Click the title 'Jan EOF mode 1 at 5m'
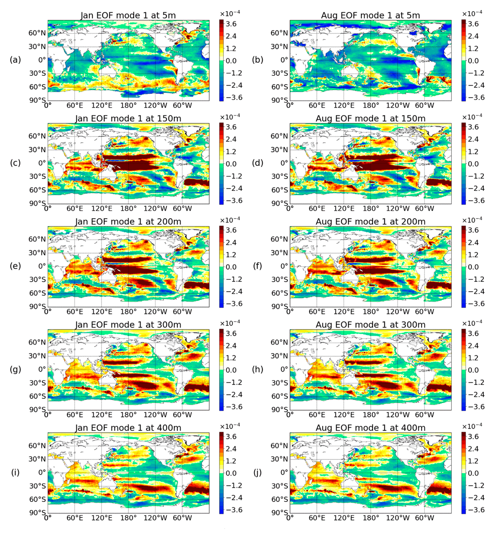128,15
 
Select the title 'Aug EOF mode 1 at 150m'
370,119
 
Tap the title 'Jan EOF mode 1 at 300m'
128,325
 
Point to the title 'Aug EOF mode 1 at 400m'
370,428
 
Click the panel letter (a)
15,60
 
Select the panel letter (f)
257,266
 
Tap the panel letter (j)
257,472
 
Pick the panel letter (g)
15,370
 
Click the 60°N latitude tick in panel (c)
37,136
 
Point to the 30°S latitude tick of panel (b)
279,73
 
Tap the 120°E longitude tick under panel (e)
102,312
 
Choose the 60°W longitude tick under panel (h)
424,415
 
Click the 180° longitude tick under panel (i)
129,518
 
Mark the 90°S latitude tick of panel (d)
279,204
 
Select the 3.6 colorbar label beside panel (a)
231,24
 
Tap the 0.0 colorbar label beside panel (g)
231,370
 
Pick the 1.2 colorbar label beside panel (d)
474,152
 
